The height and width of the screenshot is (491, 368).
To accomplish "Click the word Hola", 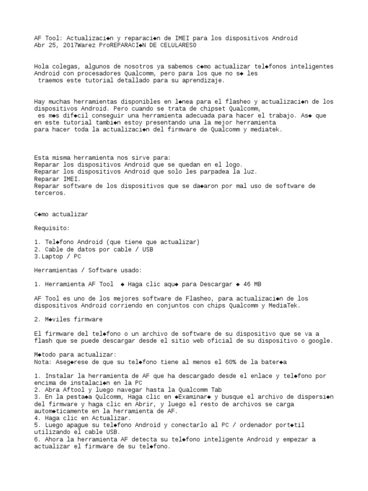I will pyautogui.click(x=42, y=66).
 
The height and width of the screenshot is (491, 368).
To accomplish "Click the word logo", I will pyautogui.click(x=233, y=164).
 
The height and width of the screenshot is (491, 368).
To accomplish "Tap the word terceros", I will pyautogui.click(x=50, y=193).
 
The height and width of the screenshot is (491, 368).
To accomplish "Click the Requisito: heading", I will pyautogui.click(x=52, y=228).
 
